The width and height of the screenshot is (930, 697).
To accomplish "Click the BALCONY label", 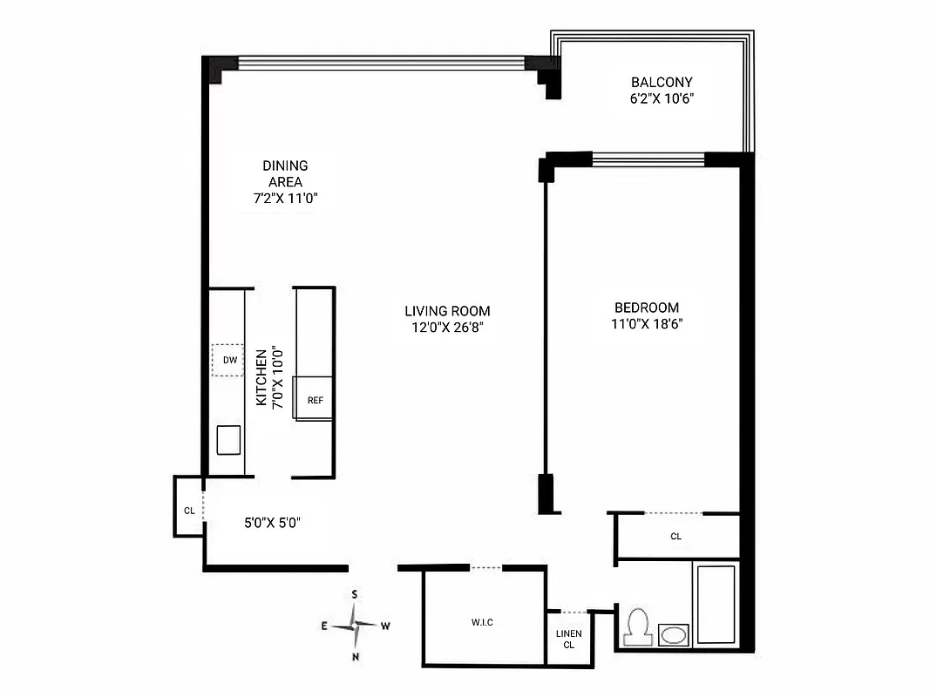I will pyautogui.click(x=662, y=83).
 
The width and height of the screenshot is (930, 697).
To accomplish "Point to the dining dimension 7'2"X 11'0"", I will pyautogui.click(x=285, y=198).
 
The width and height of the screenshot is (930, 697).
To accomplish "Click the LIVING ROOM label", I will pyautogui.click(x=447, y=311).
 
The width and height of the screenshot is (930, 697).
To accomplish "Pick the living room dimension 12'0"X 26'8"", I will pyautogui.click(x=447, y=328).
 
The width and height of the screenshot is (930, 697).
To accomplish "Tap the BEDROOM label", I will pyautogui.click(x=646, y=308).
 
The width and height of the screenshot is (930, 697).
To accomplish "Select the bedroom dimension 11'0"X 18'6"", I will pyautogui.click(x=646, y=324).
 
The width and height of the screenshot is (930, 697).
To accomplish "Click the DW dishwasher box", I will pyautogui.click(x=229, y=360).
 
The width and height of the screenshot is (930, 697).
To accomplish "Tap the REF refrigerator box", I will pyautogui.click(x=314, y=399).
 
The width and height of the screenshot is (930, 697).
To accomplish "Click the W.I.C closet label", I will pyautogui.click(x=481, y=622).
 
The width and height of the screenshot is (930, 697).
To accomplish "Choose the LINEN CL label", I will pyautogui.click(x=568, y=639).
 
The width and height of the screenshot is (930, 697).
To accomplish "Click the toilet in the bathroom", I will pyautogui.click(x=637, y=626).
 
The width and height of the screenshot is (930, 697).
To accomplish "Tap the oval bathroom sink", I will pyautogui.click(x=673, y=635).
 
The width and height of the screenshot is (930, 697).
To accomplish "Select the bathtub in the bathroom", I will pyautogui.click(x=716, y=605).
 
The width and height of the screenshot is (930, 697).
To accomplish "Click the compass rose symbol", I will pyautogui.click(x=355, y=625).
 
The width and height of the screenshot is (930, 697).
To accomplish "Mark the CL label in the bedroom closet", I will pyautogui.click(x=675, y=537).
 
